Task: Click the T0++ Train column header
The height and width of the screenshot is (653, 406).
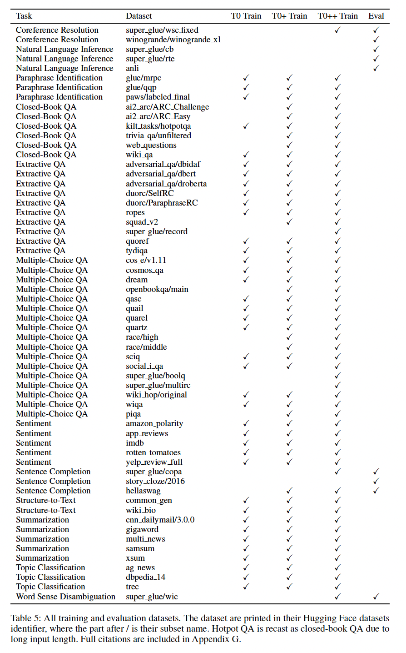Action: click(x=337, y=16)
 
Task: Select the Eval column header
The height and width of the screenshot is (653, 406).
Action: click(x=376, y=16)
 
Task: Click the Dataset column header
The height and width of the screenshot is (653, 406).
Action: click(x=139, y=16)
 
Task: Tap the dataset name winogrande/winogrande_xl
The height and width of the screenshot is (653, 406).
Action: click(x=173, y=40)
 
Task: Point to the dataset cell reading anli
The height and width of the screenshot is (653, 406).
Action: click(x=132, y=68)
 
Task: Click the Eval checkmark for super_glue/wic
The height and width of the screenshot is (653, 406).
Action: click(x=376, y=597)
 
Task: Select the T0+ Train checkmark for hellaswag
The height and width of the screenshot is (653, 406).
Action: click(x=289, y=491)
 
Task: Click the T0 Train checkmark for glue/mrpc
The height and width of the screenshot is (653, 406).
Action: click(x=246, y=78)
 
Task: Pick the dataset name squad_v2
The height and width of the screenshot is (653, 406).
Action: click(x=142, y=222)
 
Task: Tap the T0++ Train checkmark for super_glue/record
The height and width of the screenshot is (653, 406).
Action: click(x=337, y=231)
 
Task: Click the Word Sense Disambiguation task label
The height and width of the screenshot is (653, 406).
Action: click(x=65, y=597)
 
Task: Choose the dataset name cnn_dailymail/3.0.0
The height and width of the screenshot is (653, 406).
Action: click(x=160, y=520)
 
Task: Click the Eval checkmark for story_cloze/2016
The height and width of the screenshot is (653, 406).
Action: click(x=376, y=481)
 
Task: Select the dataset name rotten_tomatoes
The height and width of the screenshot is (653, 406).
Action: click(x=153, y=452)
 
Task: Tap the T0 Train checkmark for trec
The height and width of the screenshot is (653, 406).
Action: click(x=246, y=587)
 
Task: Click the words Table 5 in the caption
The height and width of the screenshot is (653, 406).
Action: click(x=25, y=618)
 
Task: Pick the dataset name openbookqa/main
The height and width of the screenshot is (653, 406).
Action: click(x=157, y=289)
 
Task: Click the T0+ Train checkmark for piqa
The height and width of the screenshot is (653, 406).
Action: click(x=289, y=414)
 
